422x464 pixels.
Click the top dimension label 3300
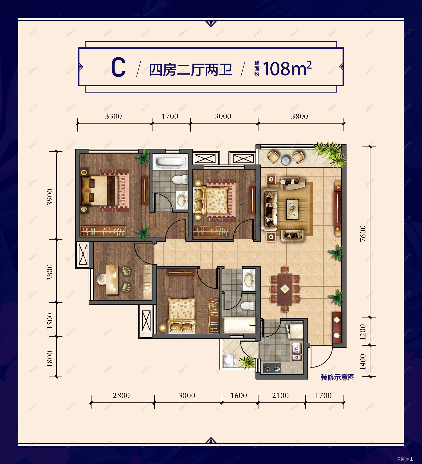[113, 116]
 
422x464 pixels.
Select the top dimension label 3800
[299, 116]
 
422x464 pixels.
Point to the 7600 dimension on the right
[363, 233]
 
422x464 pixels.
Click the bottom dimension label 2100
[280, 395]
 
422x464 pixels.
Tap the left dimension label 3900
[50, 197]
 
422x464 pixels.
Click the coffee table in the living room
[293, 209]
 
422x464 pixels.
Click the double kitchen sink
[297, 352]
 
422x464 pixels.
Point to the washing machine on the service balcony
[229, 361]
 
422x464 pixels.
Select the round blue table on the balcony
[285, 161]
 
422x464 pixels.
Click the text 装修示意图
[337, 377]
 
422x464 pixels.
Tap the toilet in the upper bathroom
[179, 179]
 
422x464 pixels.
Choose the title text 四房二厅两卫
[190, 70]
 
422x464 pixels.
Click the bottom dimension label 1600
[239, 395]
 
